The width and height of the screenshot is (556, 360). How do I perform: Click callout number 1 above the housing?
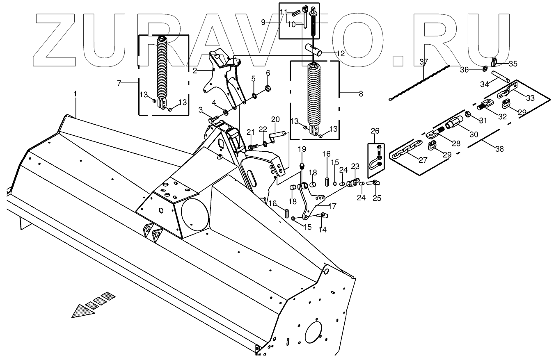point(75,94)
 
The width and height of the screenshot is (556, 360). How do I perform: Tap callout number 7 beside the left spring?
point(119,83)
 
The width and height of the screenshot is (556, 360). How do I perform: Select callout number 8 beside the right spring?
point(361,93)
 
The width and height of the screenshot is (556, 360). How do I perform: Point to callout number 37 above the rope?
point(423,62)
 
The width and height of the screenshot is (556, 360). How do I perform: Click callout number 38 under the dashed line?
point(499,149)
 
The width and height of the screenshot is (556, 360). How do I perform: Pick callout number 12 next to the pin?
point(341,53)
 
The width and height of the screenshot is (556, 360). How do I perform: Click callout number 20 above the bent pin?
point(275,119)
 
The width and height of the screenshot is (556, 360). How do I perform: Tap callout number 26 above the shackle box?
point(375,131)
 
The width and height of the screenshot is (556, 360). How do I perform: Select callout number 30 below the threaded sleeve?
point(474,134)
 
